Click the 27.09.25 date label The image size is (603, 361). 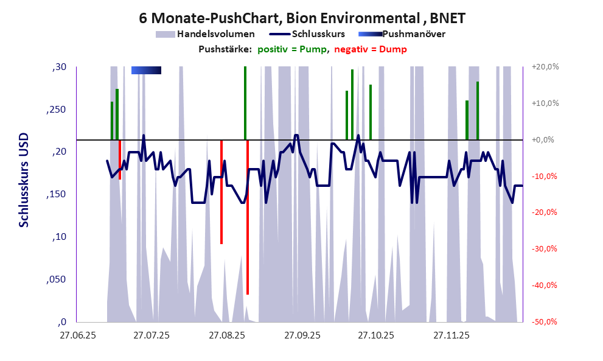point(301,335)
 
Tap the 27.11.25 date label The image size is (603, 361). point(451,335)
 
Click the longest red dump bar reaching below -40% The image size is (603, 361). point(248,217)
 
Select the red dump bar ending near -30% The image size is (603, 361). point(221,192)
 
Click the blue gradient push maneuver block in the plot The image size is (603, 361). point(146,71)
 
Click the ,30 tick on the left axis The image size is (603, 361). point(60,67)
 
